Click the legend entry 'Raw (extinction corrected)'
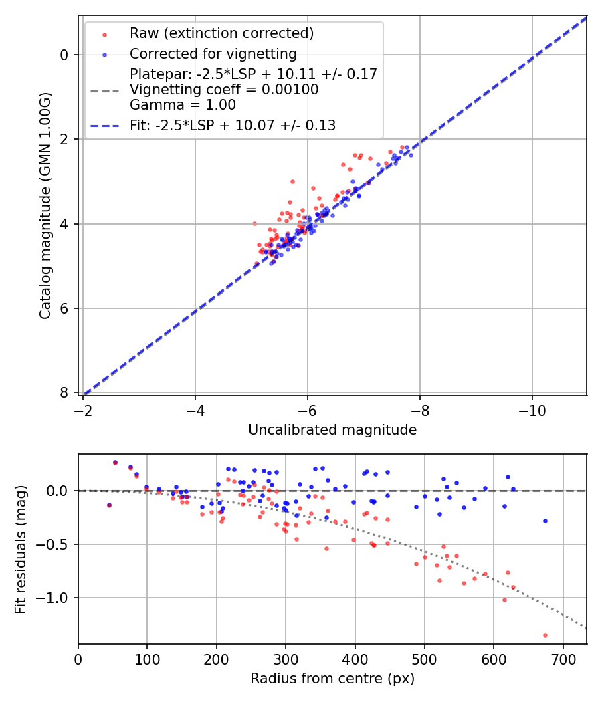coord(221,33)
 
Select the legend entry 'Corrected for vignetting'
coord(213,53)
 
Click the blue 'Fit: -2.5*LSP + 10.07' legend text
coord(233,125)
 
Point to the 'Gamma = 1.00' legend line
coord(183,105)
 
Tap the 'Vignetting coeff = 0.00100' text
coord(224,90)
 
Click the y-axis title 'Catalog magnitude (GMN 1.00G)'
coord(45,206)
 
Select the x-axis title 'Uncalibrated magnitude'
coord(332,430)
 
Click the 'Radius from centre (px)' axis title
coord(332,679)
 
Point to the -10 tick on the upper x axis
coord(532,407)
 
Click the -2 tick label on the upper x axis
coord(84,407)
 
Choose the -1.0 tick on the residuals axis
coord(56,598)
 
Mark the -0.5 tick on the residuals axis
coord(56,544)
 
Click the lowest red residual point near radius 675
coord(545,635)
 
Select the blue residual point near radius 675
coord(545,521)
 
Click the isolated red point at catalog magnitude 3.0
coord(292,181)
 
